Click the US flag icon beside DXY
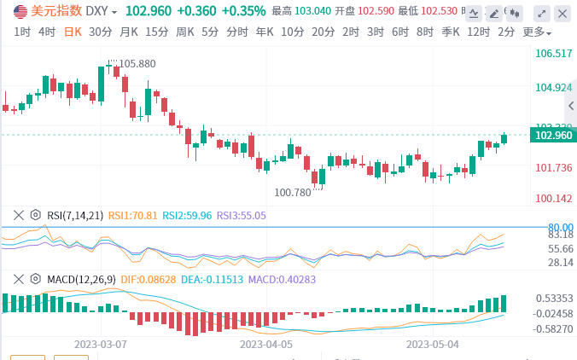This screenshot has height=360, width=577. (19, 12)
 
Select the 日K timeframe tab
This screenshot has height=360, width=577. (74, 32)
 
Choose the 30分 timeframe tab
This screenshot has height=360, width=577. (100, 32)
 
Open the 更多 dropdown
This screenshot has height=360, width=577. (536, 32)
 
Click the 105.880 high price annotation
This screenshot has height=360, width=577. (137, 64)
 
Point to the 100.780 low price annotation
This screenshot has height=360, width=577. (292, 193)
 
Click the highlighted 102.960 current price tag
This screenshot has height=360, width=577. (553, 135)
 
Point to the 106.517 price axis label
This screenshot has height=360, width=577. (553, 54)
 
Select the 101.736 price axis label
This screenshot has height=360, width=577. (553, 167)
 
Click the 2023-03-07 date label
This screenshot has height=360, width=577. (101, 345)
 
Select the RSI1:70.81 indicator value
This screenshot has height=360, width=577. (133, 216)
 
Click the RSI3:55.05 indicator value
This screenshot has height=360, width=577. (242, 216)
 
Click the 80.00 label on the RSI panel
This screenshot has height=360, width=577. (559, 226)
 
